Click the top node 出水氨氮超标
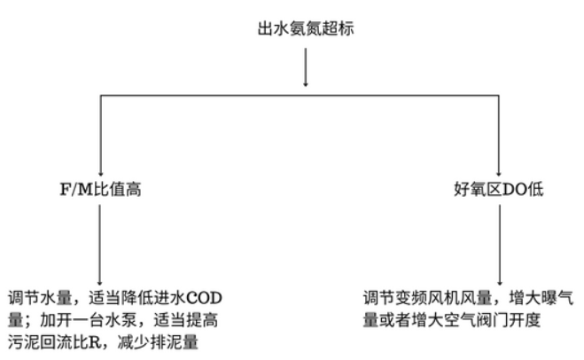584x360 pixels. coord(306,28)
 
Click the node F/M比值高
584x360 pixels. coord(100,190)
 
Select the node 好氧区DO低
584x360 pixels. coord(499,190)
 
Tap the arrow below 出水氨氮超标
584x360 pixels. coord(306,67)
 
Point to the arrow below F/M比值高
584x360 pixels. coord(100,245)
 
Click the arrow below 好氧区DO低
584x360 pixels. coord(500,245)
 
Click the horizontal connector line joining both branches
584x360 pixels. coord(300,96)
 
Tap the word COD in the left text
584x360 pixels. coord(203,298)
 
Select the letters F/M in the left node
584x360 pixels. coord(76,190)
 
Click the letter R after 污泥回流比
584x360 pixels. coord(96,342)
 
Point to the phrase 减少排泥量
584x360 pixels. coord(158,342)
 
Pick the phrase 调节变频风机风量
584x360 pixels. coord(428,298)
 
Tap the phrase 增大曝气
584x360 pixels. coord(541,298)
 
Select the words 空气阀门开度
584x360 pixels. coord(492,320)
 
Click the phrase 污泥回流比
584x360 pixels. coord(49,342)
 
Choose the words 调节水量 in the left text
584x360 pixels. coord(40,298)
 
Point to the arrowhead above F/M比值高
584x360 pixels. coord(100,173)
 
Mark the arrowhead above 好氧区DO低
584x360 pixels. coord(499,173)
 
